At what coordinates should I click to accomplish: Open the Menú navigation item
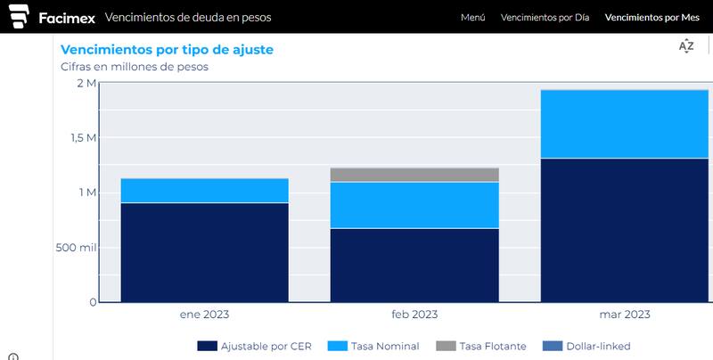coord(472,18)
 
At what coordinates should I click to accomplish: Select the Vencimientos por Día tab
coord(545,18)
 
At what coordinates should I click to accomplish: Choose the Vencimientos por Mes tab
coord(652,18)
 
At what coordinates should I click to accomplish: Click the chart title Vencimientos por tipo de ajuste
coord(166,50)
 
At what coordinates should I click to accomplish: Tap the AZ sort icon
coord(685,46)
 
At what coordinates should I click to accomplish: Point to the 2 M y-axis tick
coord(86,83)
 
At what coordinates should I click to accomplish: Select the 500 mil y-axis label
coord(76,247)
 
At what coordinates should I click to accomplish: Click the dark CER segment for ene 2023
coord(204,252)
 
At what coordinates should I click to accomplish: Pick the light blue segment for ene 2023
coord(204,191)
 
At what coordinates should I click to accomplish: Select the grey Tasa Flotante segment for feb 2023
coord(414,175)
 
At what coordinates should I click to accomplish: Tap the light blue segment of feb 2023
coord(414,205)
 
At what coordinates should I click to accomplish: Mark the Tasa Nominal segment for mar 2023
coord(624,124)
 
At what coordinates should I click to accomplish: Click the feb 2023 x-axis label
coord(414,315)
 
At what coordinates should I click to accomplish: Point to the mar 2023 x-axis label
coord(624,315)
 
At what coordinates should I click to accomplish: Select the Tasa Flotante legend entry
coord(482,346)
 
